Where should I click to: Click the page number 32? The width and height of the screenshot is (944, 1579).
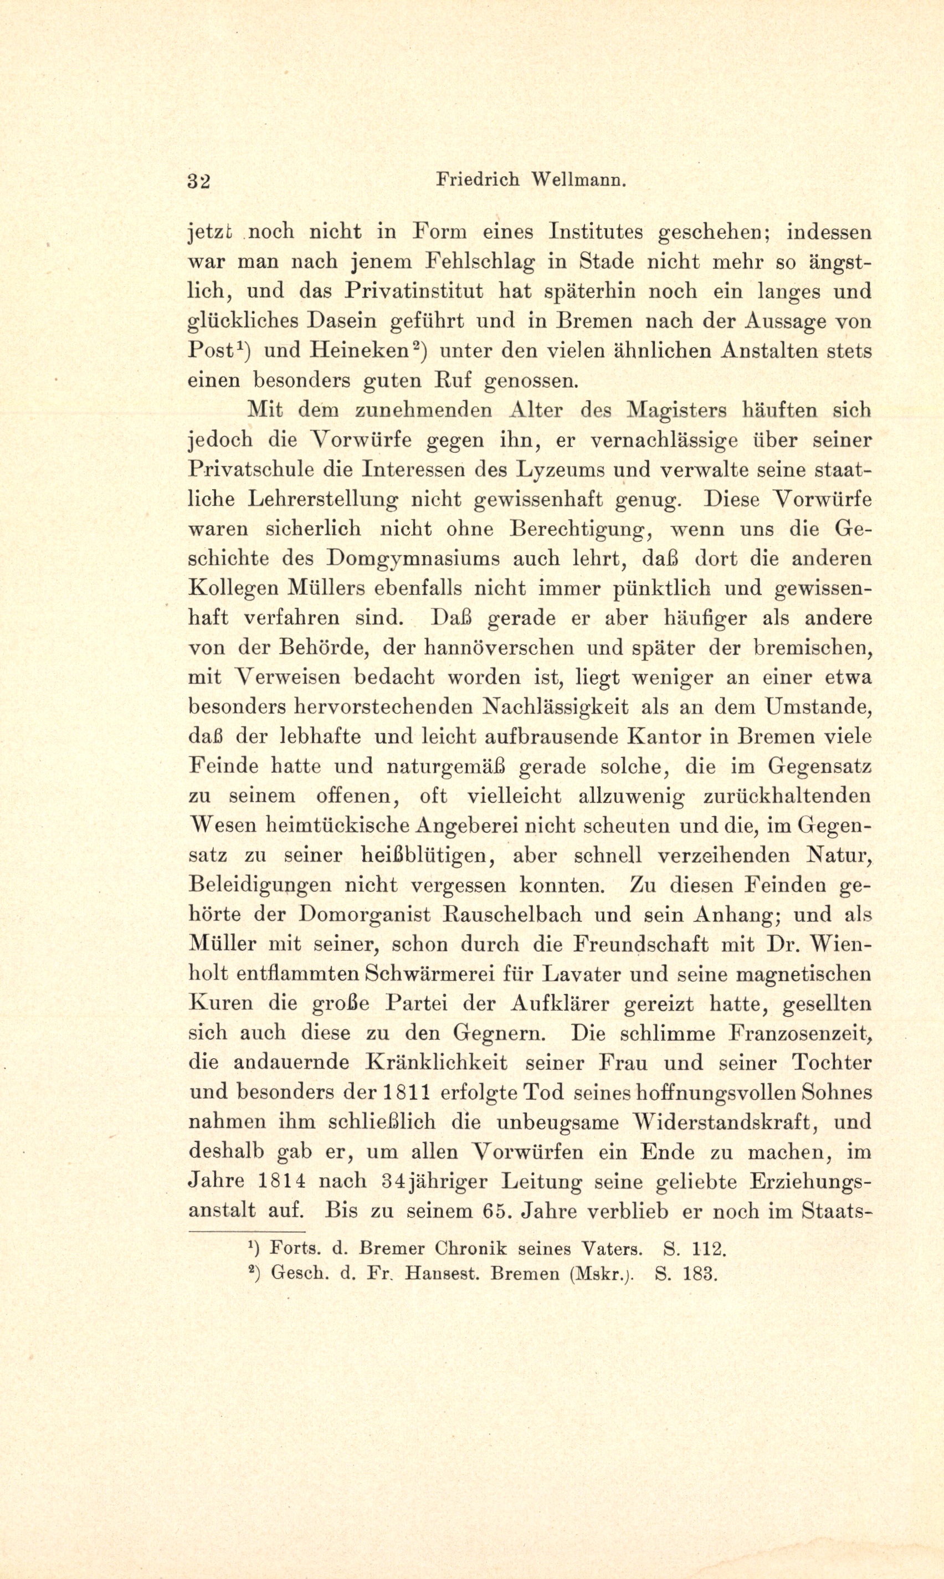click(198, 181)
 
